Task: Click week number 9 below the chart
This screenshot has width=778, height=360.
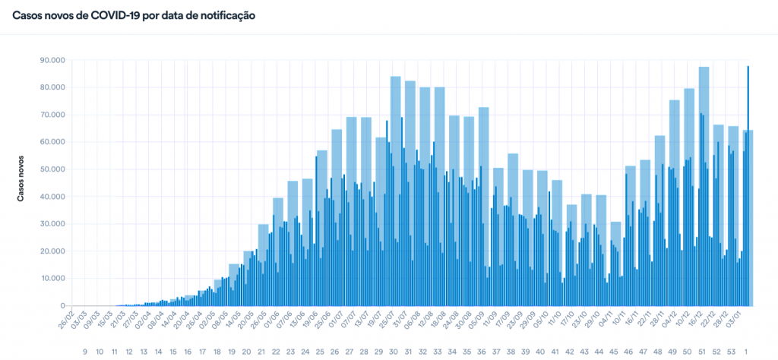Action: pos(85,352)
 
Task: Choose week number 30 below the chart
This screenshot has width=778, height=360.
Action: pos(394,352)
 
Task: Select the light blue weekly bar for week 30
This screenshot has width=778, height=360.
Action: pos(396,190)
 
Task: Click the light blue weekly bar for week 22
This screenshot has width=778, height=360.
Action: pos(278,251)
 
